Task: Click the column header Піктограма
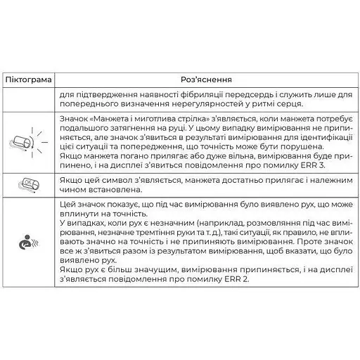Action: [x=28, y=80]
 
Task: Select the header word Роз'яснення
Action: [x=207, y=80]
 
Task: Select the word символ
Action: [x=111, y=181]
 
